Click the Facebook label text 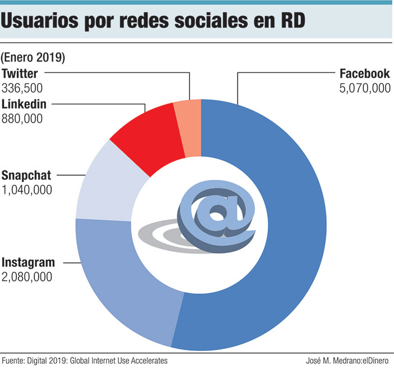pos(364,74)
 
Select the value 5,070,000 pos(364,88)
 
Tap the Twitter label pos(20,74)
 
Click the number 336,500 pos(22,88)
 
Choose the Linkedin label pos(24,104)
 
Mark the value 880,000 pos(22,118)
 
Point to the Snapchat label pos(27,175)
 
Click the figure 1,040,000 pos(27,189)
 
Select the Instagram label pos(29,263)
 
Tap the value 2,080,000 pos(27,277)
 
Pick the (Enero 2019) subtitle pos(33,57)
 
